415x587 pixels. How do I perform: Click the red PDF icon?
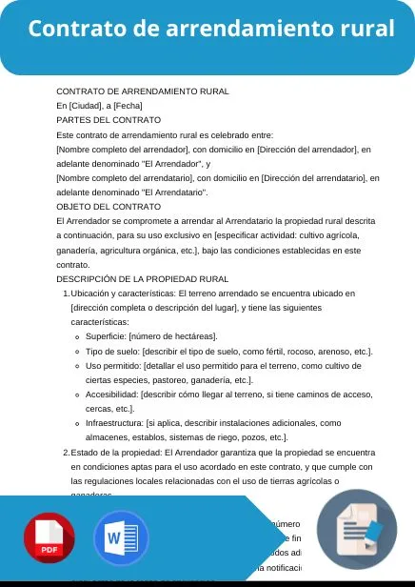(x=49, y=539)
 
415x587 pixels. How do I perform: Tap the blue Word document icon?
(x=121, y=539)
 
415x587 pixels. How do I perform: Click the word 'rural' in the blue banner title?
(x=366, y=29)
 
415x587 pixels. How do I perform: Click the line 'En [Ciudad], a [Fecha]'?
(x=99, y=106)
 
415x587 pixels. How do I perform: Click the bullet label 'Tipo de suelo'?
(x=113, y=352)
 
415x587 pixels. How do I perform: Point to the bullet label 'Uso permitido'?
(x=114, y=366)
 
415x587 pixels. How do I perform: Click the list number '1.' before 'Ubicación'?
(x=66, y=293)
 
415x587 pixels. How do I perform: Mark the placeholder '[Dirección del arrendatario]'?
(x=321, y=177)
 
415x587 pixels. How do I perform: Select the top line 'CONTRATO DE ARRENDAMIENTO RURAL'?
(x=142, y=91)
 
